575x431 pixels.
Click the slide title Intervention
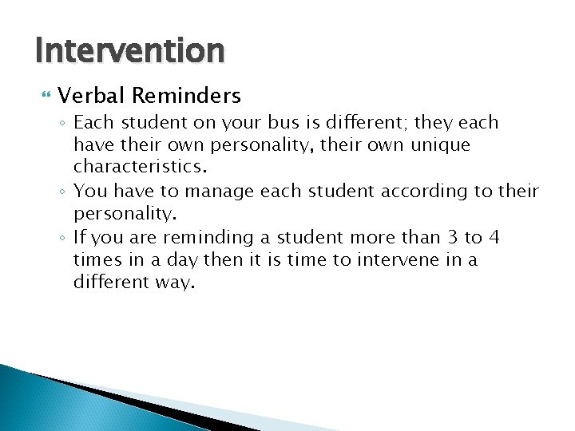[x=130, y=50]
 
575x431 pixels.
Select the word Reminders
[x=186, y=97]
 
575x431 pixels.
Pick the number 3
[x=453, y=238]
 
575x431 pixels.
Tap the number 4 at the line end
[x=494, y=238]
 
